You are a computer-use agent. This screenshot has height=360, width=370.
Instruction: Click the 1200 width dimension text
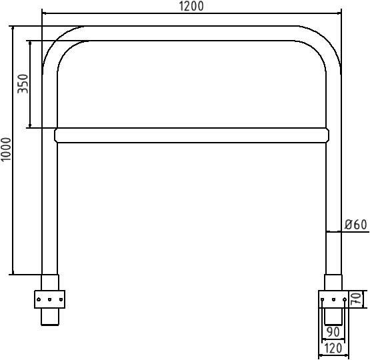pyautogui.click(x=192, y=6)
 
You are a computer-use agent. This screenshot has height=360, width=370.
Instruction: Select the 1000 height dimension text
pyautogui.click(x=7, y=150)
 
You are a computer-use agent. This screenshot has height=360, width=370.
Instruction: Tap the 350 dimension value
pyautogui.click(x=24, y=83)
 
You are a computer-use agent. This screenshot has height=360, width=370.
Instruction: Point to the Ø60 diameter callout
pyautogui.click(x=356, y=225)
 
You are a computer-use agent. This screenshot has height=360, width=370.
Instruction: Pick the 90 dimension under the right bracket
pyautogui.click(x=332, y=331)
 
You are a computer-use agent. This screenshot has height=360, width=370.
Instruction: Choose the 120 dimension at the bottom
pyautogui.click(x=332, y=348)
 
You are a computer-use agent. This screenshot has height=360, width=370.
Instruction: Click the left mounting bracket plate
pyautogui.click(x=50, y=299)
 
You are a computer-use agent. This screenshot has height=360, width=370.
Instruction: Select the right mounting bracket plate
pyautogui.click(x=333, y=299)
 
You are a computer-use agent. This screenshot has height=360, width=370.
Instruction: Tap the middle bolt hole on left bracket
pyautogui.click(x=50, y=300)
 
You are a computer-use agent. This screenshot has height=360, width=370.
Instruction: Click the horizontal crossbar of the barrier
pyautogui.click(x=192, y=135)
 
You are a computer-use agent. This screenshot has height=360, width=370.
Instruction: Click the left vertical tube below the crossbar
pyautogui.click(x=50, y=207)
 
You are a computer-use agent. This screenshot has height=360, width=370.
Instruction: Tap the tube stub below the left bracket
pyautogui.click(x=50, y=317)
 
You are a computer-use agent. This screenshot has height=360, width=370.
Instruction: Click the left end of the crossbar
pyautogui.click(x=57, y=135)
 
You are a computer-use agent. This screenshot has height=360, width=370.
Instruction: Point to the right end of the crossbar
pyautogui.click(x=327, y=135)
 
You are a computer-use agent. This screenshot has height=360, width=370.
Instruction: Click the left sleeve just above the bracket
pyautogui.click(x=50, y=282)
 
